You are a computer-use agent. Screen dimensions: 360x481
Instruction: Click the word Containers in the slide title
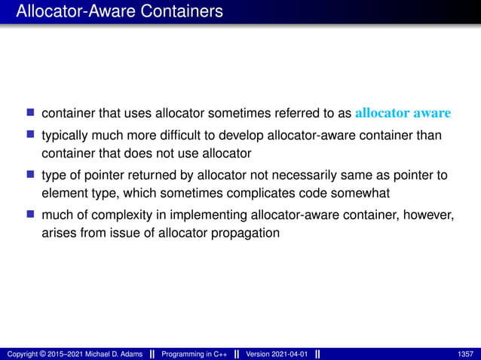click(x=183, y=12)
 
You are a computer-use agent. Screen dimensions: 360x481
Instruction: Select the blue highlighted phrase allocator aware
click(x=403, y=113)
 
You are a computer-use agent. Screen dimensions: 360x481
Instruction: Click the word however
click(x=428, y=216)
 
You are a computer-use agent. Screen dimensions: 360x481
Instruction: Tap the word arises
click(x=59, y=233)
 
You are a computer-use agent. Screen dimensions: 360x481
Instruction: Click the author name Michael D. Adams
click(x=110, y=354)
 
